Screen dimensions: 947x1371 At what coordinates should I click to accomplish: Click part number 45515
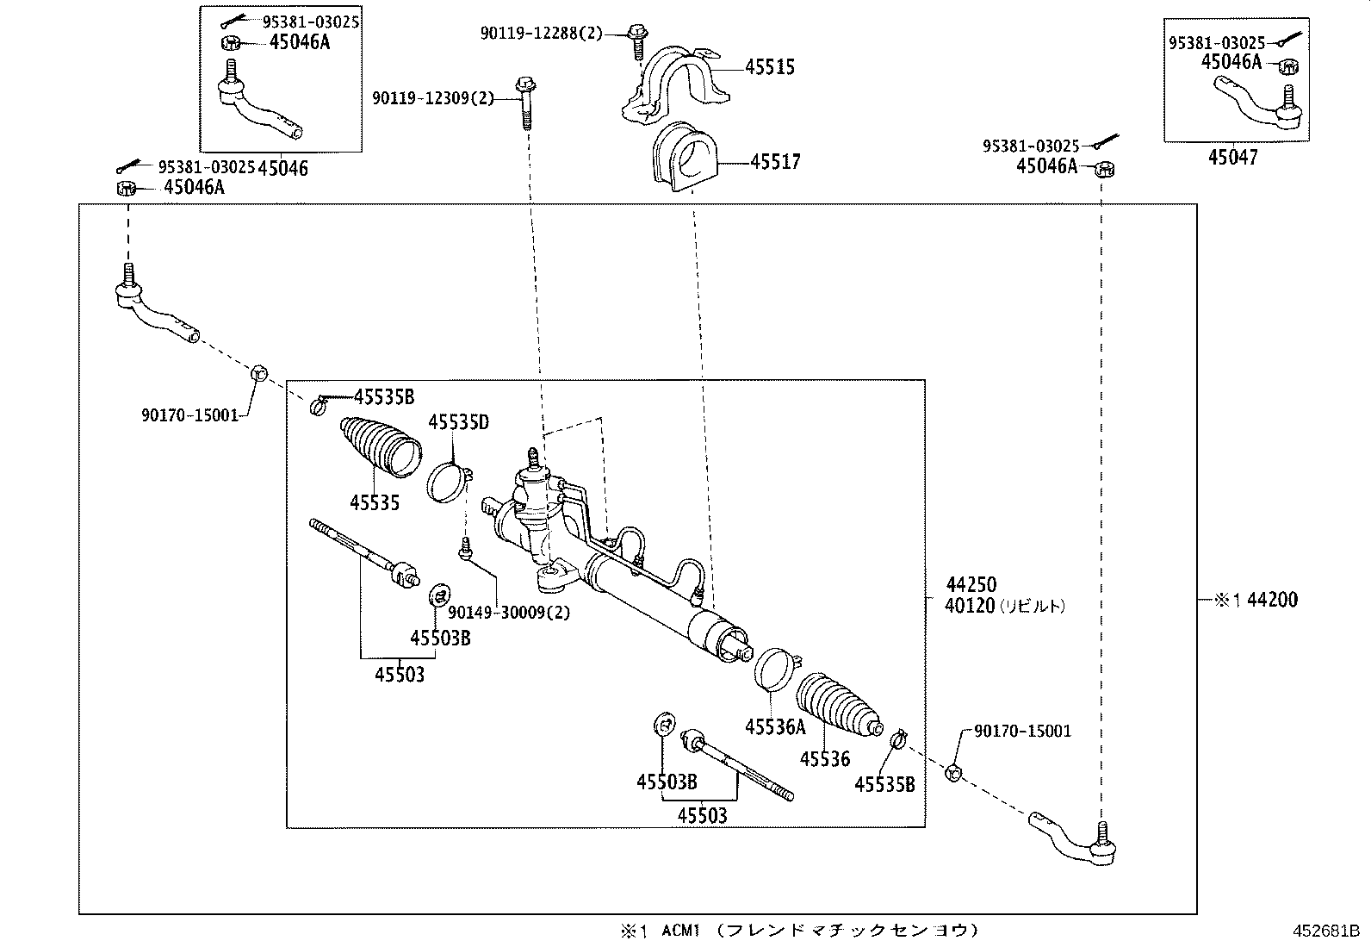[769, 67]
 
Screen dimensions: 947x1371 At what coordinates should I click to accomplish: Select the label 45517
[775, 162]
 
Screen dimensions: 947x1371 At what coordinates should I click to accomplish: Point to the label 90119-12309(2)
[433, 98]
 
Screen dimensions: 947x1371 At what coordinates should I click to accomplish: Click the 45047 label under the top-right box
[1232, 158]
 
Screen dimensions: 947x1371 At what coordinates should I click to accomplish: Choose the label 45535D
[458, 422]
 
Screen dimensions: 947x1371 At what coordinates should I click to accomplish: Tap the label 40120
[970, 606]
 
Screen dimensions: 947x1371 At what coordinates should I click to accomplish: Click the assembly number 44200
[1272, 600]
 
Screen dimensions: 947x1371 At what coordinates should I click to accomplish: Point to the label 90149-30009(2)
[508, 613]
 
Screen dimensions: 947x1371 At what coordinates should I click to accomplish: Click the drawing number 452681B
[1324, 931]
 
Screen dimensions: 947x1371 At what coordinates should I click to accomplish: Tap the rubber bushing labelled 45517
[682, 158]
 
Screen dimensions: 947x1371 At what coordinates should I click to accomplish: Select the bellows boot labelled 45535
[382, 445]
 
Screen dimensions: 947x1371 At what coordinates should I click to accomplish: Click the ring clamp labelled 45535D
[447, 481]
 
